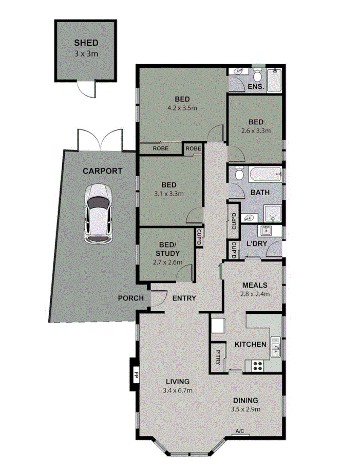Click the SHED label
[86, 43]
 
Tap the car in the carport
[98, 214]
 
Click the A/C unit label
[239, 431]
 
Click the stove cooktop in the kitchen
[256, 366]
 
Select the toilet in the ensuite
[258, 72]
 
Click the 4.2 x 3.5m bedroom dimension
[182, 108]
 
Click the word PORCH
[130, 298]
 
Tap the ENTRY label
[184, 298]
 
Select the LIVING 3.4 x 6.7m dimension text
[178, 391]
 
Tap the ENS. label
[256, 87]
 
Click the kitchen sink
[275, 347]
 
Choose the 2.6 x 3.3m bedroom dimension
[256, 130]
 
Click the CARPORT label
[103, 171]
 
